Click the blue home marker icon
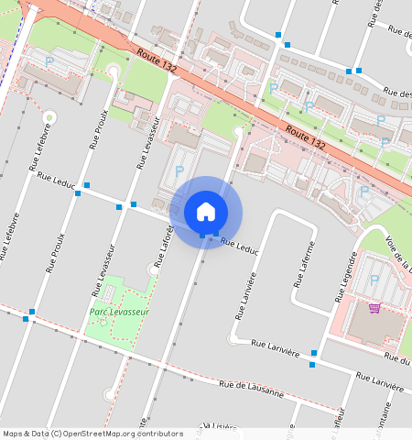(x=206, y=211)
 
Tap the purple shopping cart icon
(x=374, y=307)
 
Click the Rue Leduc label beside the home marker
(x=240, y=246)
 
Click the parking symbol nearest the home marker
(x=179, y=171)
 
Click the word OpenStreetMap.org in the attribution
(x=103, y=434)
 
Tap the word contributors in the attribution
(x=158, y=434)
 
